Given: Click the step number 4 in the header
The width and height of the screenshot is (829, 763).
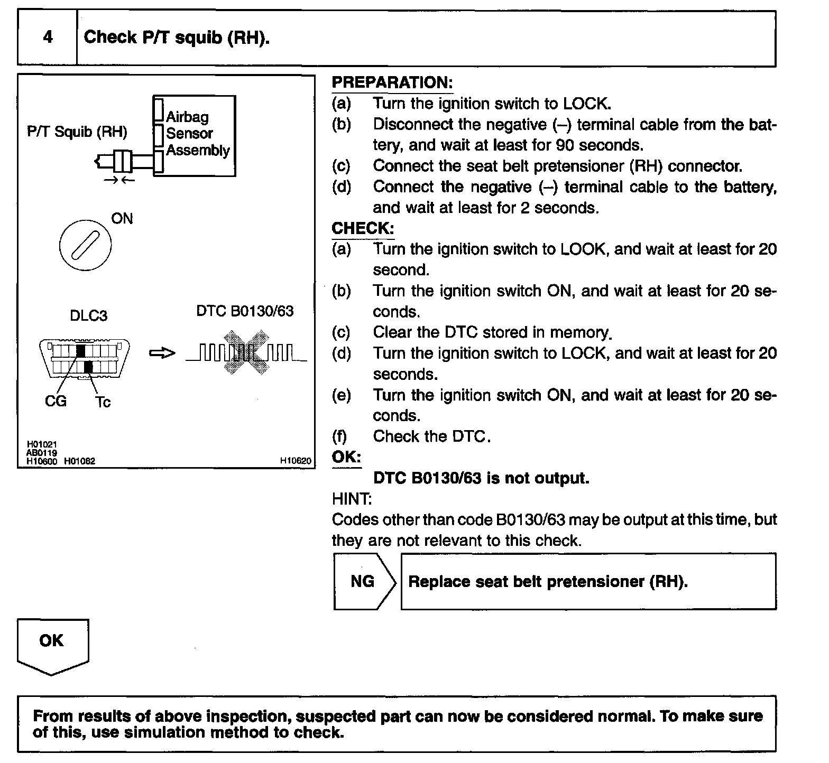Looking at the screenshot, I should [x=48, y=37].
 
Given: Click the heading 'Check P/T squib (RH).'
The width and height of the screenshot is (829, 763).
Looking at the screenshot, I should [x=177, y=38].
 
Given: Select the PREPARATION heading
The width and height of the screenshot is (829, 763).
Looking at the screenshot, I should [x=392, y=82].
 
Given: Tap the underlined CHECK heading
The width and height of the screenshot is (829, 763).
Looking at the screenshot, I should [x=363, y=228].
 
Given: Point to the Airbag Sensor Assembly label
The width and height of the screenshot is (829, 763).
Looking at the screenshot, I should [x=197, y=134].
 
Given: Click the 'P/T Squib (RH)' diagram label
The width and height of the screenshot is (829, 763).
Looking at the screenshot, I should [x=77, y=132].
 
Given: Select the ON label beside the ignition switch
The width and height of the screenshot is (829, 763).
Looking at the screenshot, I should [x=122, y=219].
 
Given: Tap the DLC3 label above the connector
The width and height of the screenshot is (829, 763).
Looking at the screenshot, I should [x=88, y=315].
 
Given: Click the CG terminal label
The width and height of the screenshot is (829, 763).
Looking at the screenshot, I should [x=56, y=402].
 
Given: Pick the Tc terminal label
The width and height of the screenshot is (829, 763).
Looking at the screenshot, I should [x=103, y=402].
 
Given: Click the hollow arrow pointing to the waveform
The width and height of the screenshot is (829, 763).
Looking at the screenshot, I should [x=162, y=353].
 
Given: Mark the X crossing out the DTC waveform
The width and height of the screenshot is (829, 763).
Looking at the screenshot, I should [x=246, y=352].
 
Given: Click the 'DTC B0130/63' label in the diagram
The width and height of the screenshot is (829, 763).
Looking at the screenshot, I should [x=245, y=311].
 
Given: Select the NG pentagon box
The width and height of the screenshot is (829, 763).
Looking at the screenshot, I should [x=364, y=581].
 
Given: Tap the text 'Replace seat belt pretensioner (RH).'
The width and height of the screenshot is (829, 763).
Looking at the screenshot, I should [x=548, y=582].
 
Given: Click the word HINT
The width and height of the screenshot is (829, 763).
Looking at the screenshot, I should [x=352, y=499].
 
